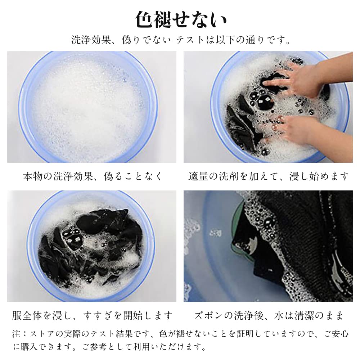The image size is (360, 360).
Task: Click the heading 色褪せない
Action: coord(181,19)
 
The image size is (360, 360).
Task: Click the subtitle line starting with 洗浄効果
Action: coord(181,40)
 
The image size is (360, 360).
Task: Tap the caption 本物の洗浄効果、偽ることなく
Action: coord(93,176)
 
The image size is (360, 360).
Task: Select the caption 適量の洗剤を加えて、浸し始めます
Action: coord(268,176)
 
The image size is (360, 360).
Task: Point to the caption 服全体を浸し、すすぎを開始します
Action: coord(92,315)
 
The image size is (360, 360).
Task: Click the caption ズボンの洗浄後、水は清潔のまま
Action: coord(269,315)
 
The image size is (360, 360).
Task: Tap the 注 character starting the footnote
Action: coord(16,334)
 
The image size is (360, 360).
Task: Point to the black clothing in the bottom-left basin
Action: coord(92,246)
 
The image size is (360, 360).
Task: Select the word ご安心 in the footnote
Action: coord(336,334)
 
